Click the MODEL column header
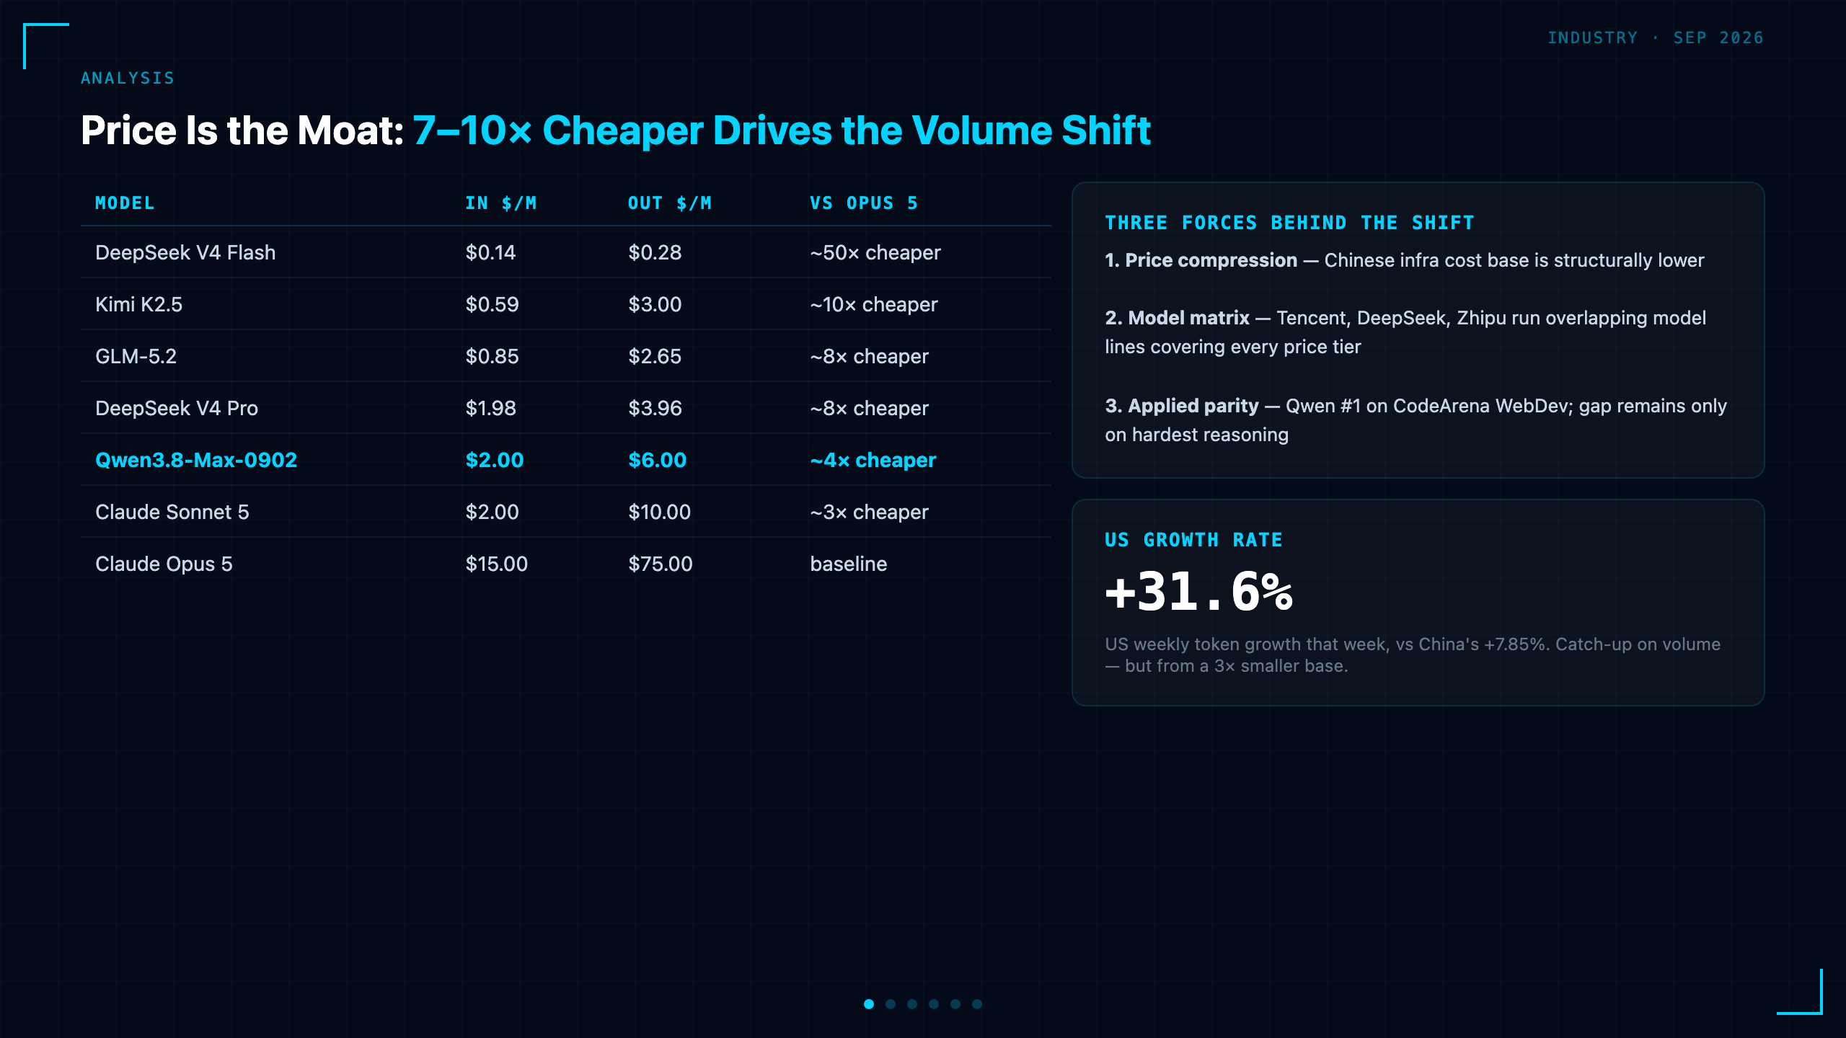(x=125, y=203)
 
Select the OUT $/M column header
(x=670, y=203)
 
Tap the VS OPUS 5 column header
(x=864, y=203)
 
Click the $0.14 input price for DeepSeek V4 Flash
(x=490, y=252)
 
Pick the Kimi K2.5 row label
(x=138, y=304)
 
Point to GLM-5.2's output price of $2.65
(x=655, y=356)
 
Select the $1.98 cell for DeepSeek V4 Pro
(x=490, y=408)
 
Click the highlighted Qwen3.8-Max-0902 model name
(x=196, y=460)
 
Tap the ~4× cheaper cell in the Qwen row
(x=873, y=460)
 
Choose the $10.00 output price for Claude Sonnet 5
(x=659, y=512)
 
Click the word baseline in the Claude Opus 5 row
(x=849, y=564)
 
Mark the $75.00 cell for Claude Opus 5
(x=661, y=564)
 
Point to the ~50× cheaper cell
(x=875, y=252)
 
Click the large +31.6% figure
(x=1199, y=592)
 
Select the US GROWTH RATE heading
(x=1193, y=540)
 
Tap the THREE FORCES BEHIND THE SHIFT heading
(x=1289, y=223)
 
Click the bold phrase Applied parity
(x=1193, y=406)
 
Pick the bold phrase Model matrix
(x=1188, y=318)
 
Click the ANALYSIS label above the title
(x=128, y=78)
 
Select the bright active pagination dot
(x=869, y=1004)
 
